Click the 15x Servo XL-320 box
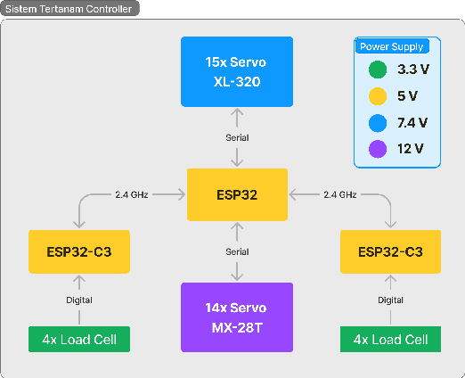(x=236, y=71)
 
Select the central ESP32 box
(x=236, y=194)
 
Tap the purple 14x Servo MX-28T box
(x=236, y=316)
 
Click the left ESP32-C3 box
(x=79, y=252)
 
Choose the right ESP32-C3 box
(x=391, y=252)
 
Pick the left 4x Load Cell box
(x=79, y=340)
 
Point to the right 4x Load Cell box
(x=391, y=340)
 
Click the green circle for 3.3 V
(x=378, y=69)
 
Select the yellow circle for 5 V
(x=378, y=95)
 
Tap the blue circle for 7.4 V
(x=378, y=122)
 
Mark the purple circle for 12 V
(x=378, y=149)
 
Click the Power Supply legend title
(x=391, y=46)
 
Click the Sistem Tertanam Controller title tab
(x=70, y=9)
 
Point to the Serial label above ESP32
(x=237, y=138)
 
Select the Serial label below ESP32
(x=237, y=252)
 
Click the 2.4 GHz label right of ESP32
(x=339, y=194)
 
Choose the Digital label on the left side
(x=79, y=300)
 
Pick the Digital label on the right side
(x=391, y=300)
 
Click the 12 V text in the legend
(x=411, y=149)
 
